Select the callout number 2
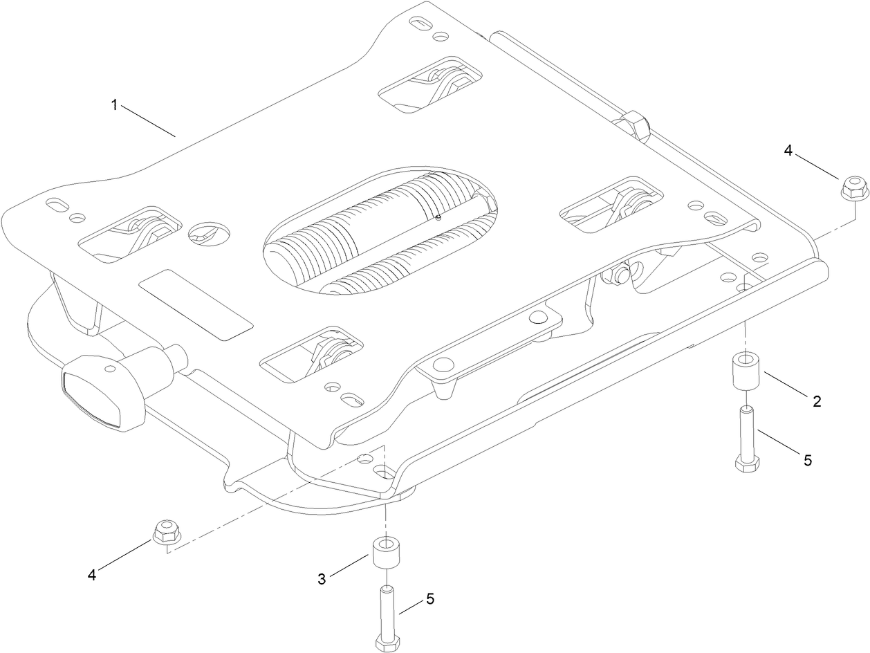coord(817,401)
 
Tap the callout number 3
coord(322,579)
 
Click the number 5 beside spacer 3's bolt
coord(430,599)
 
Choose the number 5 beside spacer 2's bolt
coord(808,460)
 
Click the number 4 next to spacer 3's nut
coord(91,573)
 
